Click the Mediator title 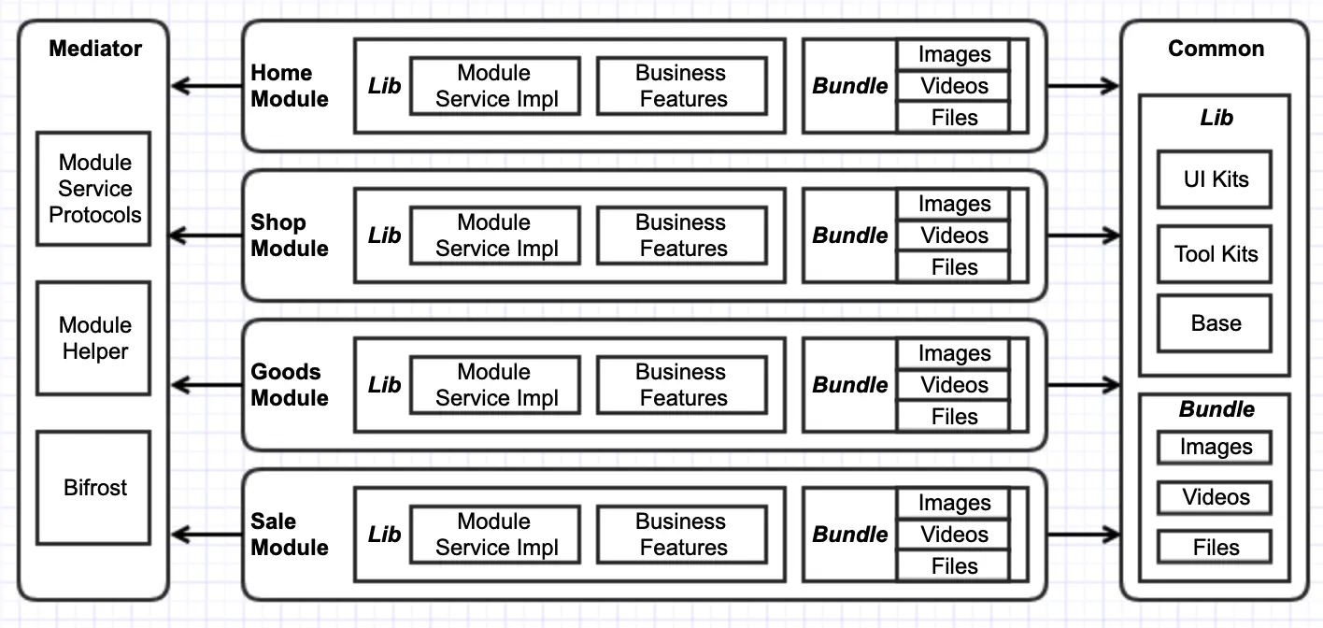(95, 49)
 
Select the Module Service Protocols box (93, 189)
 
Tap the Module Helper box (93, 338)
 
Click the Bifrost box (93, 488)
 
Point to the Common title (1216, 49)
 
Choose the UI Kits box (1215, 179)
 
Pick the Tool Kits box (1215, 254)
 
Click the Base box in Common (1215, 323)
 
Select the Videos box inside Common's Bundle (1215, 497)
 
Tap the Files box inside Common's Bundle (1215, 547)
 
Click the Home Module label (290, 86)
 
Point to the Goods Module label (290, 385)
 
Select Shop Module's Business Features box (682, 235)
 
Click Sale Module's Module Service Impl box (495, 534)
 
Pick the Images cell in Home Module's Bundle (953, 54)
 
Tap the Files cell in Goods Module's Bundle (953, 417)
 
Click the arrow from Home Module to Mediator (206, 86)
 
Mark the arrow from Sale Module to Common (1083, 535)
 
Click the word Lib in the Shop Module (385, 235)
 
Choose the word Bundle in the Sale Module (850, 534)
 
